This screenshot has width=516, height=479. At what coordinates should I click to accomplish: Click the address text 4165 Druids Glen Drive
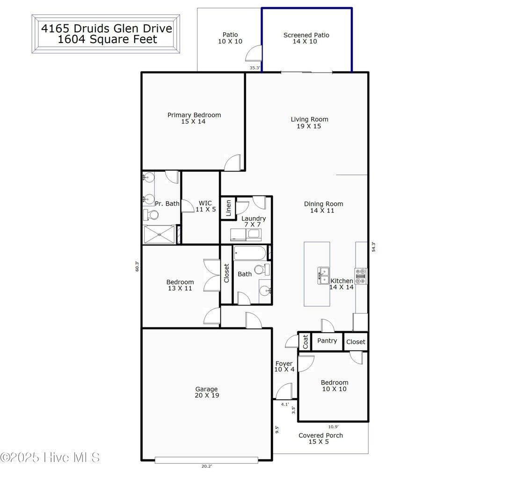tap(106, 28)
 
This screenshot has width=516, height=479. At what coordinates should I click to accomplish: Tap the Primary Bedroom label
tap(194, 118)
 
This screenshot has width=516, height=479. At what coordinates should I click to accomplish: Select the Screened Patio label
tap(306, 38)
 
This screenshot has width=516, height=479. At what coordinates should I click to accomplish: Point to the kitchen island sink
tap(323, 275)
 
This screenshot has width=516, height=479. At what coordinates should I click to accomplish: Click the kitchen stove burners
tap(361, 276)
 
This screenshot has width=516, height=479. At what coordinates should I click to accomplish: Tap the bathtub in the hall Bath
tap(250, 254)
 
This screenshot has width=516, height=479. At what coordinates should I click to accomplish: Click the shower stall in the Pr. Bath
tap(160, 234)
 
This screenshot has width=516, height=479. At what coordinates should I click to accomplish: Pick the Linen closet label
tap(228, 208)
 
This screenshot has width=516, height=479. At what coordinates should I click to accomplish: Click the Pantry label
tap(327, 341)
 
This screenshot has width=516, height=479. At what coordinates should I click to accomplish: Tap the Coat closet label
tap(305, 341)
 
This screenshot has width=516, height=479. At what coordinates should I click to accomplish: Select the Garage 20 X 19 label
tap(206, 392)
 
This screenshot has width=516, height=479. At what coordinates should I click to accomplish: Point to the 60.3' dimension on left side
tap(137, 266)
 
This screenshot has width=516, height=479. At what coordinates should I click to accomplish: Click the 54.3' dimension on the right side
tap(373, 247)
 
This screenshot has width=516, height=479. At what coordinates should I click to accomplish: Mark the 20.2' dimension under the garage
tap(206, 466)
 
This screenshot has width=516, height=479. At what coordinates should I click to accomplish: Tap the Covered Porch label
tap(320, 438)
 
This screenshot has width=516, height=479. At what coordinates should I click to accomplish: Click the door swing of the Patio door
tap(254, 54)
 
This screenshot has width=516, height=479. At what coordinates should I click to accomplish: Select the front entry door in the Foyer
tap(284, 392)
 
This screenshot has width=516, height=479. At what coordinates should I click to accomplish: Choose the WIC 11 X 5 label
tap(205, 206)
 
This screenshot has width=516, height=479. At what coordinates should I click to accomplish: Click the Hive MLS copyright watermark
tap(50, 457)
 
